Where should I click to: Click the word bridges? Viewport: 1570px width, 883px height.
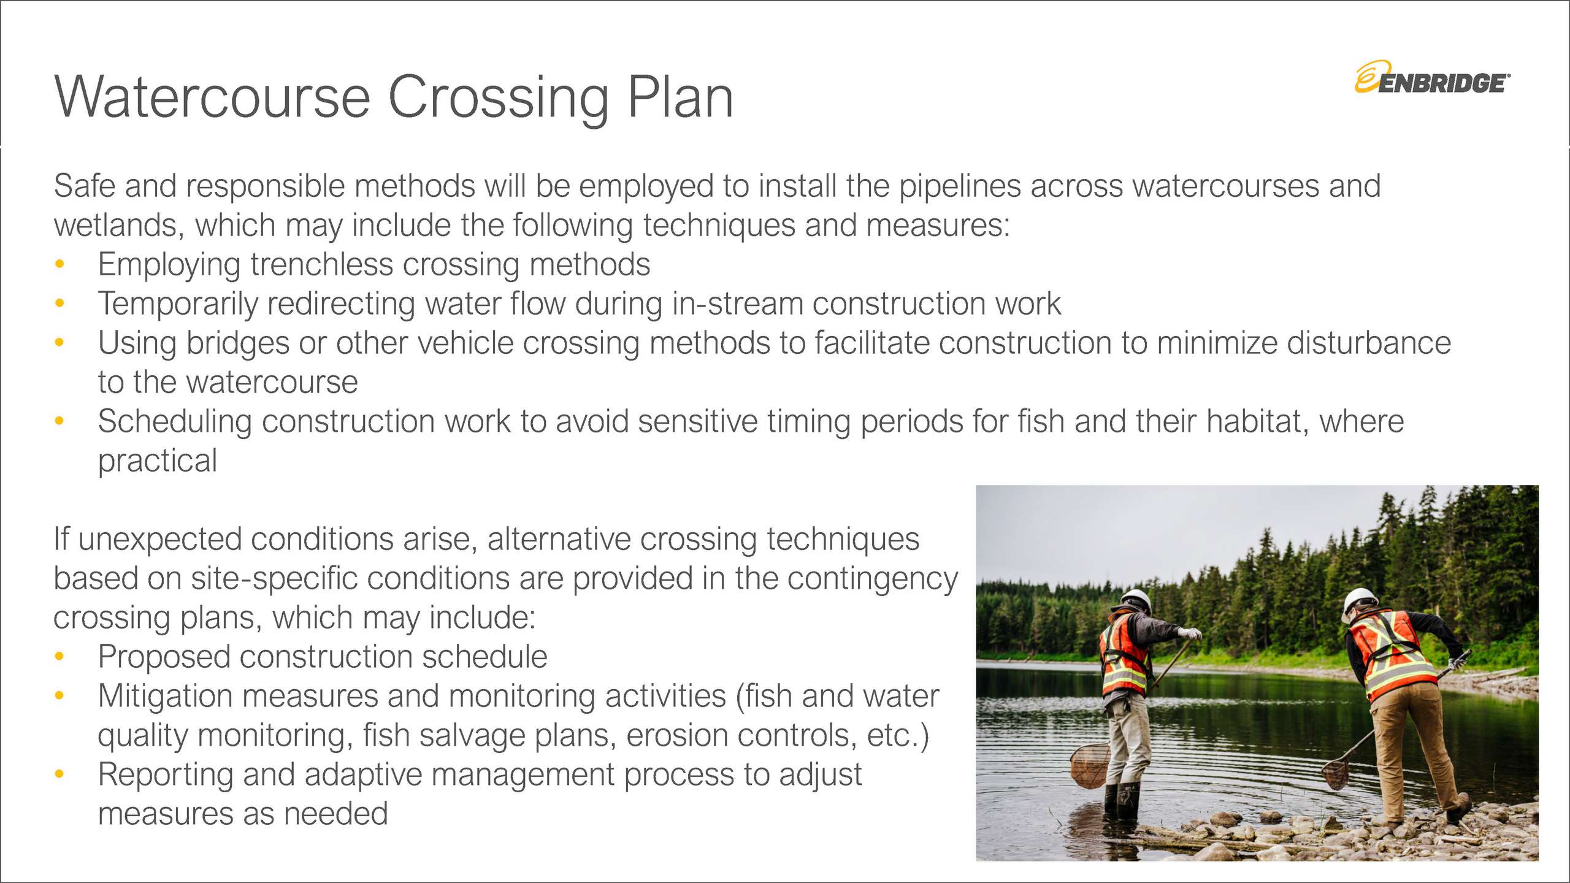point(238,343)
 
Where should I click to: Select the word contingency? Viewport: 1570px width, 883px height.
point(873,579)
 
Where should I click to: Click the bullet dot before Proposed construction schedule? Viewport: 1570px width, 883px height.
point(59,657)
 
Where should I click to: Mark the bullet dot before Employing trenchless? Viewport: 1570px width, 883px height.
point(59,264)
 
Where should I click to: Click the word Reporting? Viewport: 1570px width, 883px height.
point(166,775)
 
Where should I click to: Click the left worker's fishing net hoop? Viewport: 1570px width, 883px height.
point(1090,765)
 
